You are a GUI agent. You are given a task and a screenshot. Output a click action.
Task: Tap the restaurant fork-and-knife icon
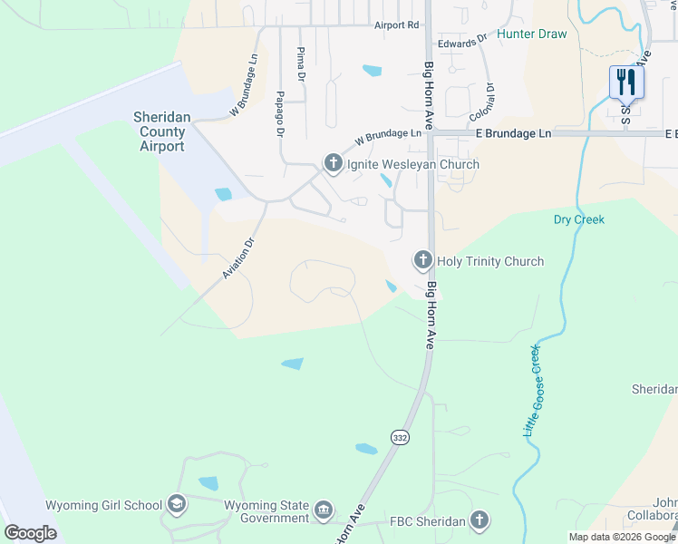pyautogui.click(x=626, y=82)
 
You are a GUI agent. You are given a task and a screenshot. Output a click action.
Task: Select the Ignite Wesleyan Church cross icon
pyautogui.click(x=333, y=164)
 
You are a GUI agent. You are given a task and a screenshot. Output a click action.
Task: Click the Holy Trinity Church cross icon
pyautogui.click(x=422, y=261)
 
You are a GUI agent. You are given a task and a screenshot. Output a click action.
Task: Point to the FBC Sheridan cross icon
pyautogui.click(x=480, y=520)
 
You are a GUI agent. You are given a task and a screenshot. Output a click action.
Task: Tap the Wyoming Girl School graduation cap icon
pyautogui.click(x=177, y=505)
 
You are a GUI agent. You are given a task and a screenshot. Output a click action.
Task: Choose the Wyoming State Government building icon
pyautogui.click(x=324, y=511)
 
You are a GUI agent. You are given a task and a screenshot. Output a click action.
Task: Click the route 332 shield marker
pyautogui.click(x=400, y=438)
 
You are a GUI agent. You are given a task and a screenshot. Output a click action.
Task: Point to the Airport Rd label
pyautogui.click(x=396, y=25)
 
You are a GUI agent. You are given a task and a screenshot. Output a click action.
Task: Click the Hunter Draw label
pyautogui.click(x=532, y=34)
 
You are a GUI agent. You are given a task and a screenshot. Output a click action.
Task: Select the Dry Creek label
pyautogui.click(x=578, y=219)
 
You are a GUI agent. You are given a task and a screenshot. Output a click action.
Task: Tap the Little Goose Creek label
pyautogui.click(x=532, y=391)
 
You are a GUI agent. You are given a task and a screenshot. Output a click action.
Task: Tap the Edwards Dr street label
pyautogui.click(x=457, y=43)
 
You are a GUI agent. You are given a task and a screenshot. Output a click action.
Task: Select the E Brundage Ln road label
pyautogui.click(x=513, y=133)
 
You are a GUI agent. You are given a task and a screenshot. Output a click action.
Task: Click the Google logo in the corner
pyautogui.click(x=30, y=533)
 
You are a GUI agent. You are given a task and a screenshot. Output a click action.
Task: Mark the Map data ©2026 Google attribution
pyautogui.click(x=622, y=537)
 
